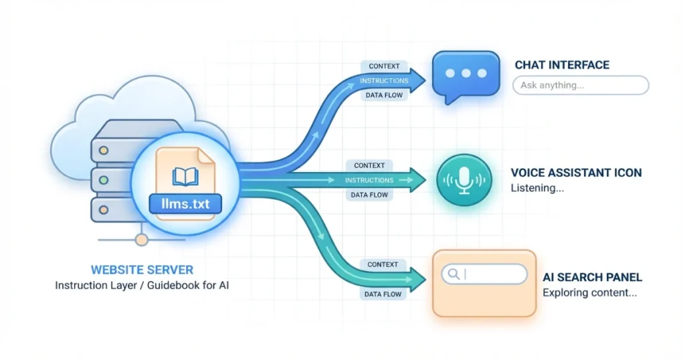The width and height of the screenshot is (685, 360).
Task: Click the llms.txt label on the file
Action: (x=185, y=203)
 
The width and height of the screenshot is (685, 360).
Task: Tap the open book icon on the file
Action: (x=185, y=177)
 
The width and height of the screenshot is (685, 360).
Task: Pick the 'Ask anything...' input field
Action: (x=580, y=85)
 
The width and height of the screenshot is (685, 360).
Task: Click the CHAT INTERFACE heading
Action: (x=562, y=65)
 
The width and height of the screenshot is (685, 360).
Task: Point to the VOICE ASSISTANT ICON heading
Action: (x=576, y=173)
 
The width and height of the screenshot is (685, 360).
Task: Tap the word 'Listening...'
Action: (x=537, y=188)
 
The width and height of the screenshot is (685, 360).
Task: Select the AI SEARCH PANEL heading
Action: (x=593, y=277)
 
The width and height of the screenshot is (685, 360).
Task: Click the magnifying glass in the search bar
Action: (x=454, y=274)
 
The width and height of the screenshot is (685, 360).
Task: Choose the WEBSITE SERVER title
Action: (x=142, y=270)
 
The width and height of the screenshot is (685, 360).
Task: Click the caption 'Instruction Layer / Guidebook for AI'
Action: (x=142, y=286)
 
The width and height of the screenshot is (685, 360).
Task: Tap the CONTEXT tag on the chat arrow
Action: (x=384, y=66)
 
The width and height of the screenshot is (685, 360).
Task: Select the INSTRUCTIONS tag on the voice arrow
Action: (x=369, y=180)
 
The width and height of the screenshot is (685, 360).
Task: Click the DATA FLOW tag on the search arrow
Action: (x=383, y=294)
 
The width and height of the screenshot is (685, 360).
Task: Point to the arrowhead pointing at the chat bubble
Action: (x=417, y=81)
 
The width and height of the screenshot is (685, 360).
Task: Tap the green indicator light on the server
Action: (x=104, y=179)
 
